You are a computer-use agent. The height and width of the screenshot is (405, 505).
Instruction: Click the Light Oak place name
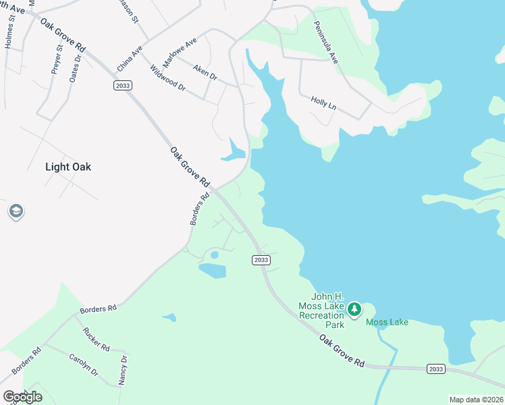click(x=68, y=167)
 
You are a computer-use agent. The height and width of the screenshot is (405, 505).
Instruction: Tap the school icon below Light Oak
click(x=15, y=212)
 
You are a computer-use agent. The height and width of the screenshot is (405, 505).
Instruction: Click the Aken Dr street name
click(x=205, y=73)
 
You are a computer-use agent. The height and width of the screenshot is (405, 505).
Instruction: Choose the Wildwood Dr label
click(x=167, y=78)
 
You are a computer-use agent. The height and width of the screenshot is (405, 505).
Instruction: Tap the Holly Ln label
click(x=323, y=103)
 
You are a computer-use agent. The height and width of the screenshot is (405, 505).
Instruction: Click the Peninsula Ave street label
click(x=325, y=42)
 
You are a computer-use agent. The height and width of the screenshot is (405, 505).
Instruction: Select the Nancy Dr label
click(x=123, y=369)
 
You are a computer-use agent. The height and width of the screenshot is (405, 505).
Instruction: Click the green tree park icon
click(x=354, y=310)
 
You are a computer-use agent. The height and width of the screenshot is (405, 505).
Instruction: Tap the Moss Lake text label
click(x=387, y=322)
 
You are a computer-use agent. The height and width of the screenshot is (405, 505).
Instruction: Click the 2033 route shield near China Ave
click(x=122, y=86)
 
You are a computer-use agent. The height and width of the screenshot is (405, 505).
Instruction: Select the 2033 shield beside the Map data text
click(x=435, y=369)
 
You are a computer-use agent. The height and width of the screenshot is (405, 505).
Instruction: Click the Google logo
click(x=22, y=397)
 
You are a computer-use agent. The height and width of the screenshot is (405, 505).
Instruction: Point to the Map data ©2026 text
click(x=475, y=400)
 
